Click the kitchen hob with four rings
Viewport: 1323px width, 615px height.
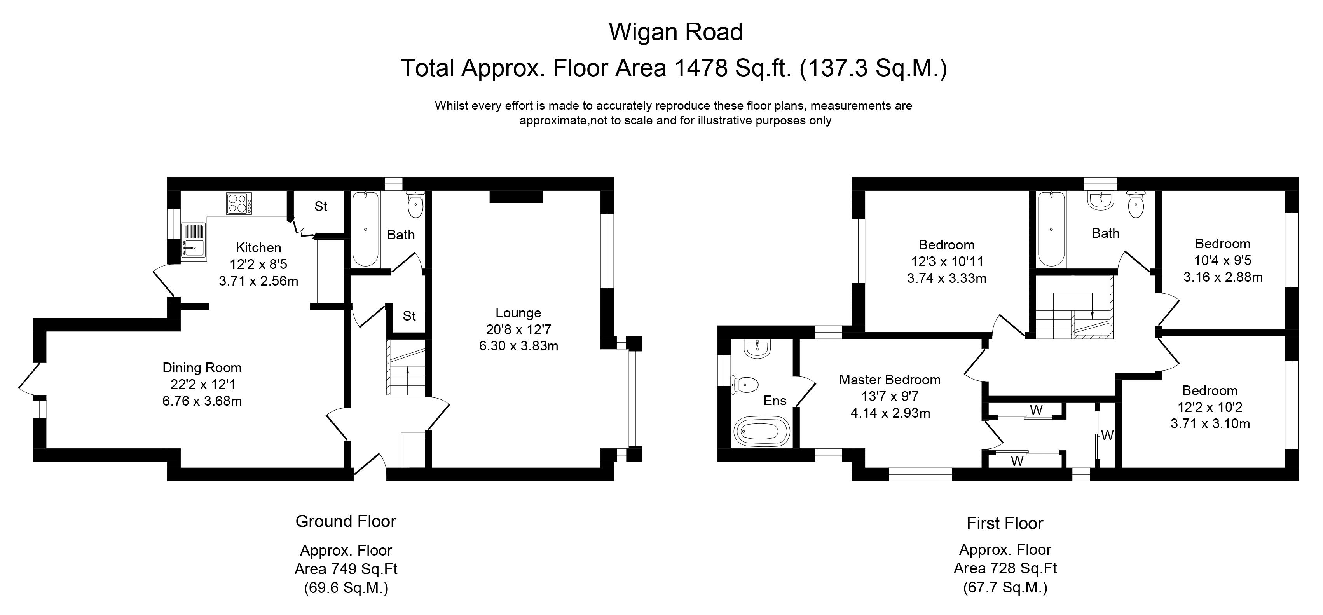(x=239, y=203)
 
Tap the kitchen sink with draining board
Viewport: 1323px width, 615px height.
(x=193, y=240)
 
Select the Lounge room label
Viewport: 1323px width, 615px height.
(x=518, y=313)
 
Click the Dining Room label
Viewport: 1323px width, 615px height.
(x=202, y=368)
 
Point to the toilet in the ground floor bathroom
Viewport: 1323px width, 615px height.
(x=415, y=206)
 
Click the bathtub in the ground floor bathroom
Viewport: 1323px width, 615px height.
(x=365, y=229)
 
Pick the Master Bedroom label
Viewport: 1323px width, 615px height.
(x=890, y=380)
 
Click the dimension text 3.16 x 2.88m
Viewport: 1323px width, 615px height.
(x=1223, y=277)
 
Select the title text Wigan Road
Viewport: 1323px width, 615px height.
(x=676, y=32)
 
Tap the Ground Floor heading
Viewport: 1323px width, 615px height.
(x=346, y=522)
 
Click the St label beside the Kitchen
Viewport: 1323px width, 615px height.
(x=321, y=206)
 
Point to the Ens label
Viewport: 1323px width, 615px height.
(x=775, y=401)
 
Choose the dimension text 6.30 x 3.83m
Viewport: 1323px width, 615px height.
(x=518, y=346)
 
